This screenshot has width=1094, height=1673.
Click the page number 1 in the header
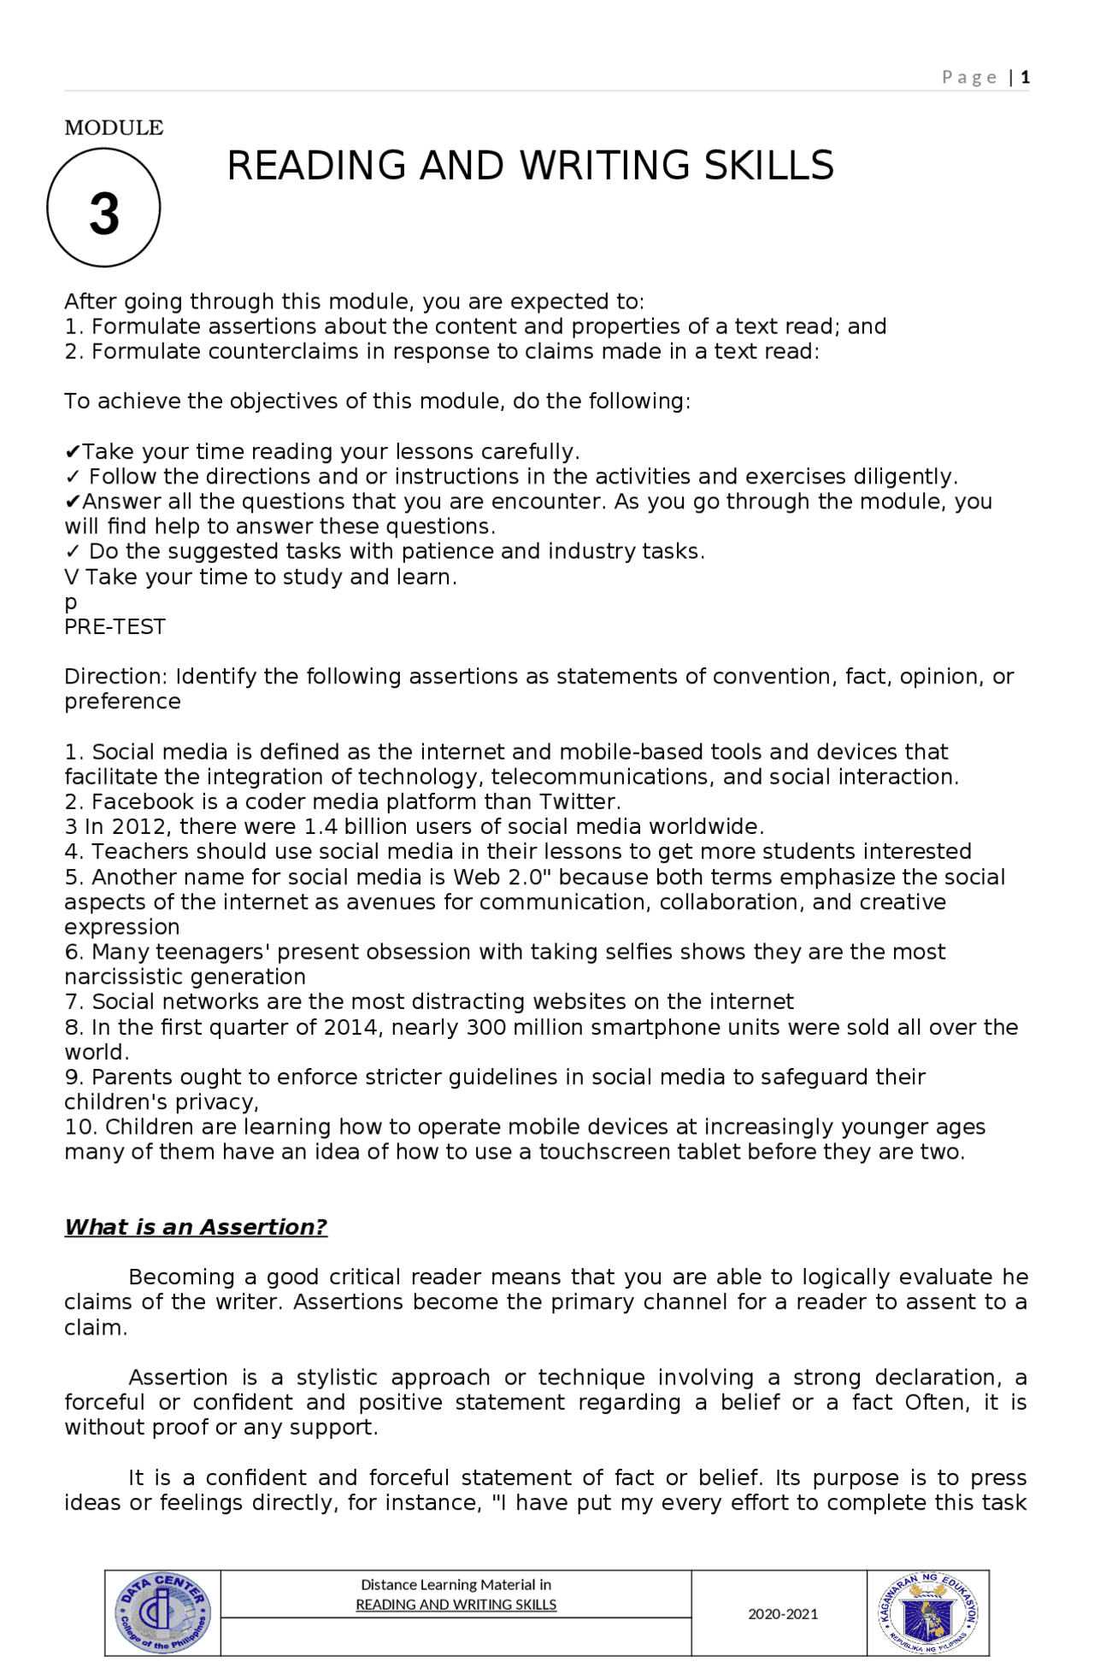(x=1025, y=78)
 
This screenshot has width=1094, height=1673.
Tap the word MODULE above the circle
(x=114, y=128)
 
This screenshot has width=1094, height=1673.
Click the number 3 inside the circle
(x=104, y=214)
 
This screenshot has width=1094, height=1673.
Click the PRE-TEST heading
(x=115, y=626)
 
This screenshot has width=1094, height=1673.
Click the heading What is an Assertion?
(x=196, y=1227)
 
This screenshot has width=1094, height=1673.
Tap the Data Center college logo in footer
(x=162, y=1612)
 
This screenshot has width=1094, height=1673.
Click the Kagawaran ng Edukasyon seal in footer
(x=927, y=1612)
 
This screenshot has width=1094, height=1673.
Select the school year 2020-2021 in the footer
(x=782, y=1614)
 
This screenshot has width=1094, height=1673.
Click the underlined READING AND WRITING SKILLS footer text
(x=456, y=1605)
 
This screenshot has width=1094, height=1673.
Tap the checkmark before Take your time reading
(x=73, y=451)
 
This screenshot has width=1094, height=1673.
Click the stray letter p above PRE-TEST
(x=71, y=602)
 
